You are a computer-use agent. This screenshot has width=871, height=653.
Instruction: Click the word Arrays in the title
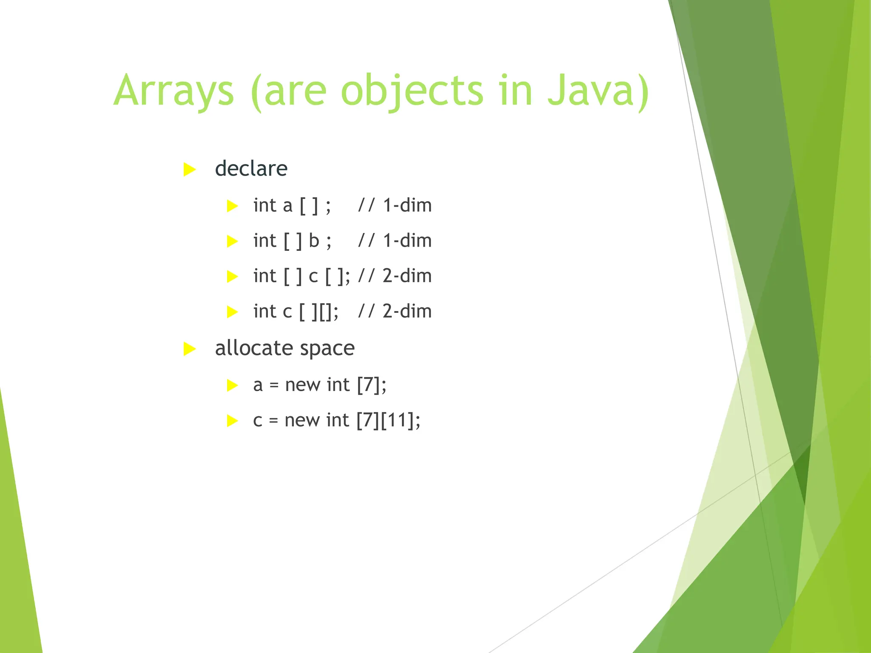[174, 91]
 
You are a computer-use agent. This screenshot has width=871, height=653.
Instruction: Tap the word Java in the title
[598, 91]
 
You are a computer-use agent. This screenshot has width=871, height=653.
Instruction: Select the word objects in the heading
[412, 91]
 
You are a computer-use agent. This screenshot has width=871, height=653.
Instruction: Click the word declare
[251, 169]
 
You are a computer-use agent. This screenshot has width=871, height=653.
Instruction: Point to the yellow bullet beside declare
[189, 170]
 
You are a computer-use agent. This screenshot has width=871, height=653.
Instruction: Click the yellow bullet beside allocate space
[189, 349]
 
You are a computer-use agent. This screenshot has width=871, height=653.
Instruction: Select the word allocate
[253, 348]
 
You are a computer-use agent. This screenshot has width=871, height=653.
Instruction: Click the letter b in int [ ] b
[314, 241]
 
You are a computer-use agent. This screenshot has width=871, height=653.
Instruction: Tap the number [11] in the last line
[397, 420]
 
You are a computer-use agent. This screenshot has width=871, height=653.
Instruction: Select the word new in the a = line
[302, 385]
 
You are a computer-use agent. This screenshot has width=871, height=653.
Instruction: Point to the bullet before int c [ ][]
[232, 312]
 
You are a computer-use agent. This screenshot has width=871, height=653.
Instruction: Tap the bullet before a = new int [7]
[232, 386]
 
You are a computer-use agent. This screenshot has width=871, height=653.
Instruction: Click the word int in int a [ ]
[265, 205]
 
